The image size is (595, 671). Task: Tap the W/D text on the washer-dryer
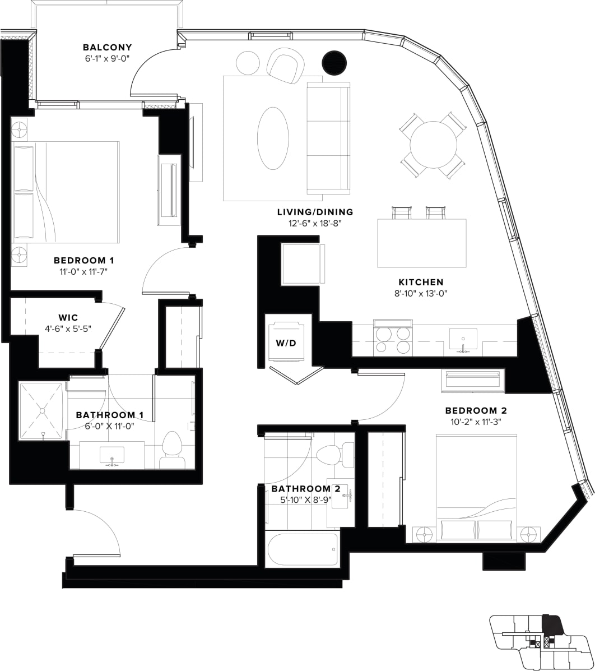click(x=285, y=343)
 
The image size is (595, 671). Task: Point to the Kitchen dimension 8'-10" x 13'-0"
click(x=421, y=293)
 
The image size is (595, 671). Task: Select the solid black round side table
click(x=335, y=63)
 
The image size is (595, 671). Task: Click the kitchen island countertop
click(x=421, y=243)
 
